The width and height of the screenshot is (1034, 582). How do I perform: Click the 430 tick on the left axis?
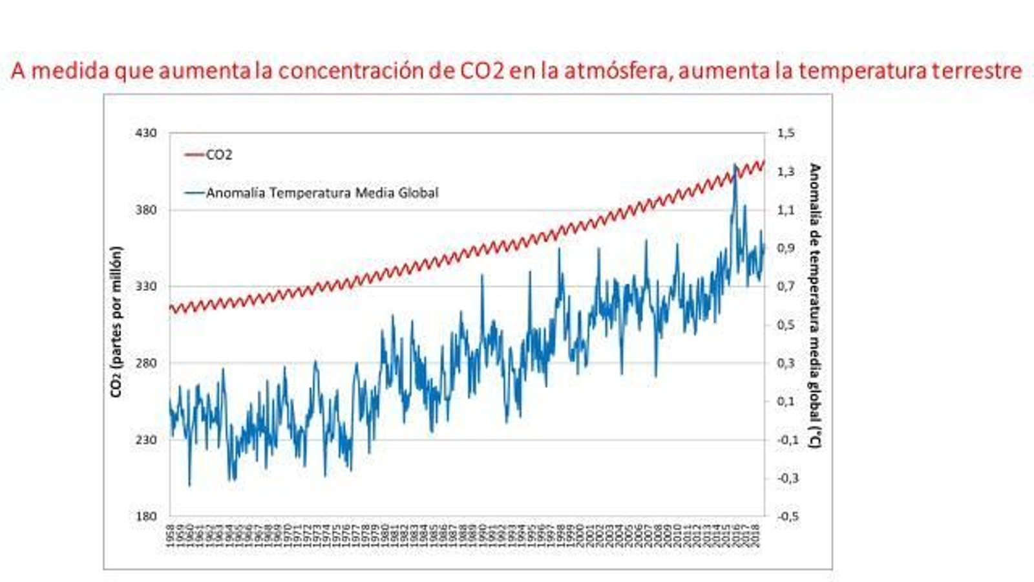click(145, 133)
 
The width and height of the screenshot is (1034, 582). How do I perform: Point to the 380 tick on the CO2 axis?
click(145, 210)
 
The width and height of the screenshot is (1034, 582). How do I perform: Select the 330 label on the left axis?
click(145, 286)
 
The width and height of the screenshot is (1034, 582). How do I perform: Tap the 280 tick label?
click(145, 363)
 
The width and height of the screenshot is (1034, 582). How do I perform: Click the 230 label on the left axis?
click(145, 440)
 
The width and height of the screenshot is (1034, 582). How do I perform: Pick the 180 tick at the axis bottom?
click(145, 516)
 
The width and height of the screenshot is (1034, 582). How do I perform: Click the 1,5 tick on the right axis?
click(786, 133)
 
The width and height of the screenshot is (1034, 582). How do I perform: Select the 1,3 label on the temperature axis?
click(786, 171)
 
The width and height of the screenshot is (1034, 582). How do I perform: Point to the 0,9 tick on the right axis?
click(786, 248)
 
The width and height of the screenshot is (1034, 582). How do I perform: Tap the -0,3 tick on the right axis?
click(786, 478)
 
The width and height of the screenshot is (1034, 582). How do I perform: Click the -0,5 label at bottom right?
click(786, 516)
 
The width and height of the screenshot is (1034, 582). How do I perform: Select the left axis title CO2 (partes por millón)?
click(116, 321)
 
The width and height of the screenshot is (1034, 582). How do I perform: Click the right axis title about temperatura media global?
click(814, 305)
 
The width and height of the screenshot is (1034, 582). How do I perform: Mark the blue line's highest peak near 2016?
click(735, 166)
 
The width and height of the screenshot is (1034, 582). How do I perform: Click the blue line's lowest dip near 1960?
click(189, 485)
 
